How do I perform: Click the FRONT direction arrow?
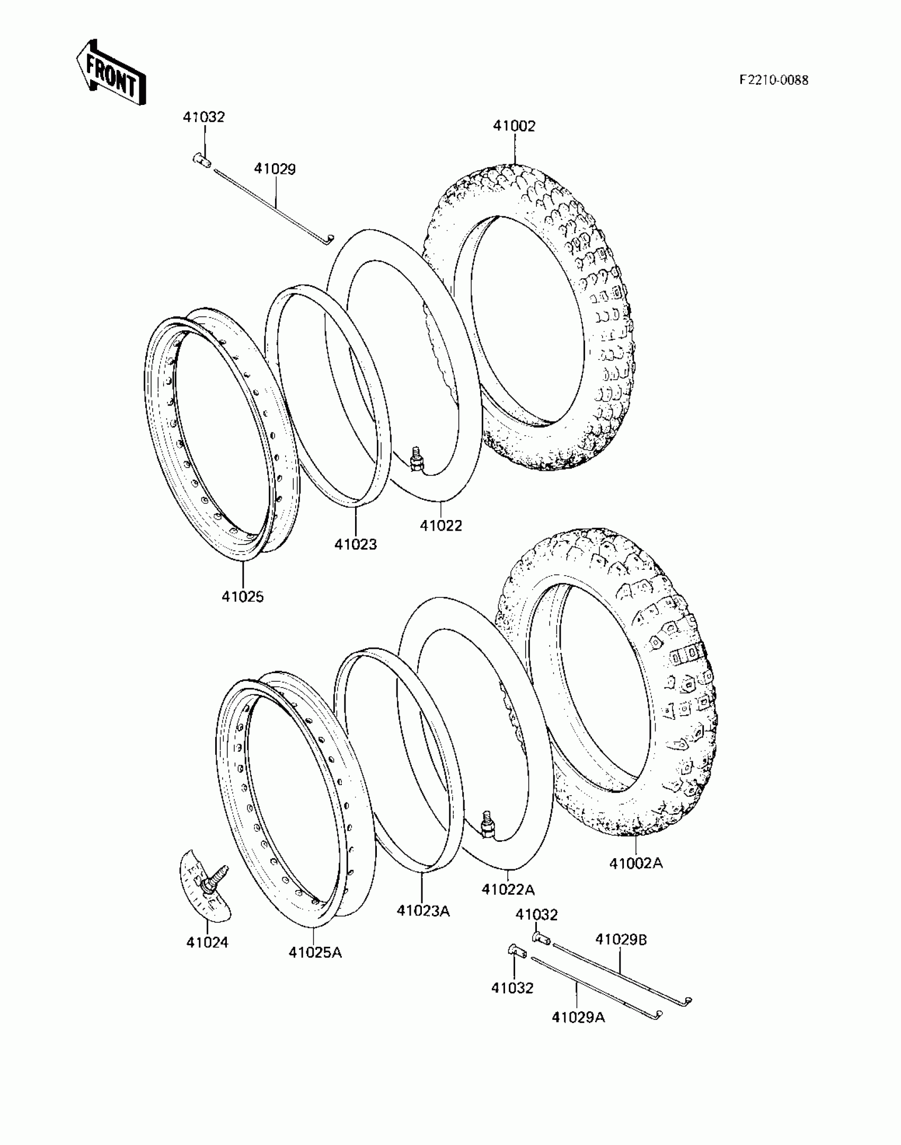[x=111, y=73]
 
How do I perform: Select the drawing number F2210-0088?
[x=774, y=80]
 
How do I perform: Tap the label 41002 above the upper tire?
[x=514, y=126]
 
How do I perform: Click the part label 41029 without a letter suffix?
[x=275, y=169]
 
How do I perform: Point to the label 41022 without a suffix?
[x=441, y=525]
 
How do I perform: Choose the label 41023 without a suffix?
[x=355, y=544]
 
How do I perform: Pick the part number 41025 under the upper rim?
[x=243, y=596]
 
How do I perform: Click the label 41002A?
[x=635, y=863]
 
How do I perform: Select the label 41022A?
[x=508, y=889]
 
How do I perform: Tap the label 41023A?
[x=423, y=911]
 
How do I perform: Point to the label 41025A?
[x=315, y=952]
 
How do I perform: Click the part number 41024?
[x=207, y=942]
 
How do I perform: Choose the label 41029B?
[x=621, y=939]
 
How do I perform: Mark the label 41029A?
[x=578, y=1017]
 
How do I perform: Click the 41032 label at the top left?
[x=204, y=117]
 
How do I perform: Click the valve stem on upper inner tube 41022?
[x=417, y=459]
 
